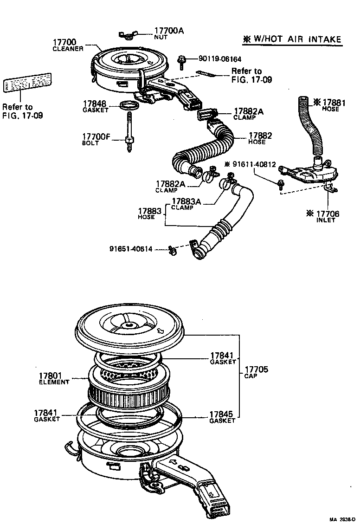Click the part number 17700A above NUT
point(168,31)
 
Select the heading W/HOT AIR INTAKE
point(293,39)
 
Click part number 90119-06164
point(220,59)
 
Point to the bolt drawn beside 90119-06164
point(182,61)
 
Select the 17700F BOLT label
point(96,139)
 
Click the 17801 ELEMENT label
point(54,378)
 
